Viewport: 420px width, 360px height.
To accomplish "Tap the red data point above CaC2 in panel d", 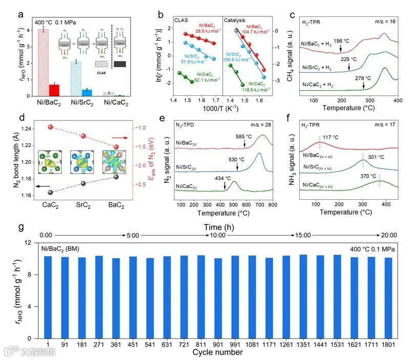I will pos(50,126).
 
